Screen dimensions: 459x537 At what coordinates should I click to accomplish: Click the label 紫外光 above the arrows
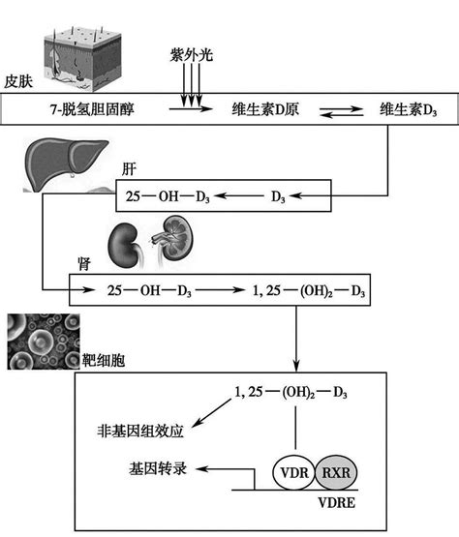click(x=192, y=54)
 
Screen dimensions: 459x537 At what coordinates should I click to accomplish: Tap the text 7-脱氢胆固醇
click(x=92, y=109)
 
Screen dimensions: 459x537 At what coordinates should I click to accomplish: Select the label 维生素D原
click(x=265, y=109)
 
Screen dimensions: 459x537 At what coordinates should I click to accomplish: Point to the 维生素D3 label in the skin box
click(x=408, y=109)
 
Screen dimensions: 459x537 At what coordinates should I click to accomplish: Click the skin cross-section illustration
click(x=83, y=59)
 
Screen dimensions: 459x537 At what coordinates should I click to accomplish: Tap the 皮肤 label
click(x=18, y=81)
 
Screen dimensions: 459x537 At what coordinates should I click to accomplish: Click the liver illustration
click(x=68, y=165)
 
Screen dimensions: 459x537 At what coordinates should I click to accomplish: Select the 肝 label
click(x=129, y=169)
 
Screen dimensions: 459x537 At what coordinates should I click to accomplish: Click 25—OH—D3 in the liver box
click(x=168, y=196)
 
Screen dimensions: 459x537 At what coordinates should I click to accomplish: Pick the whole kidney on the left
click(x=123, y=246)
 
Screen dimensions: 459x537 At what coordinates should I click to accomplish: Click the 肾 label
click(x=84, y=264)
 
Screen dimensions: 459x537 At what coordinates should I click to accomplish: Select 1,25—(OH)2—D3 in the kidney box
click(x=309, y=291)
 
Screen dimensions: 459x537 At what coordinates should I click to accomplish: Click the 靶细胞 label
click(x=104, y=360)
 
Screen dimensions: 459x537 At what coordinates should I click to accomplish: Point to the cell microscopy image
click(x=44, y=342)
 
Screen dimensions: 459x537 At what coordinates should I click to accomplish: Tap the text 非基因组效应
click(x=140, y=431)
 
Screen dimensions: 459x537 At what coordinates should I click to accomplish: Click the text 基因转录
click(x=158, y=468)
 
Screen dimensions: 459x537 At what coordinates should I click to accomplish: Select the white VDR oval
click(x=293, y=472)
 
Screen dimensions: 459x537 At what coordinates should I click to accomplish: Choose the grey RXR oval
click(x=336, y=472)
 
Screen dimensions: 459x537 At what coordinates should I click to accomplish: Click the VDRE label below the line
click(x=337, y=503)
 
